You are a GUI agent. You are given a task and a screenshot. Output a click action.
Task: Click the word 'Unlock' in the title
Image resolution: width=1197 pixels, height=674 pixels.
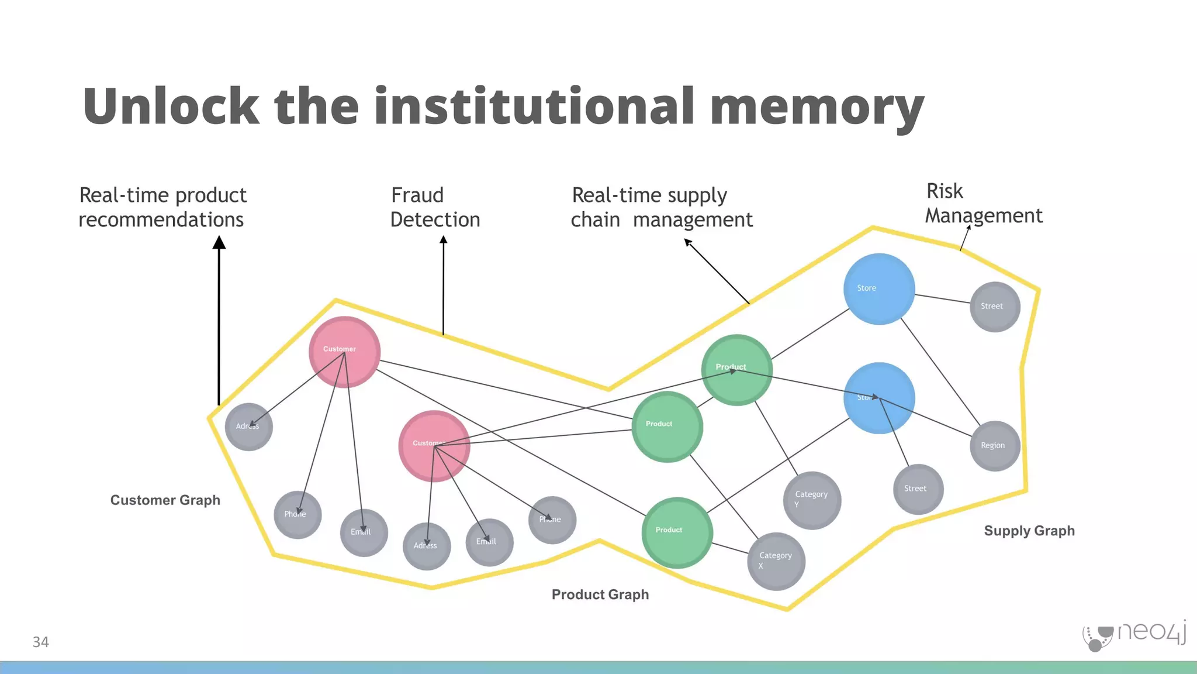tap(171, 106)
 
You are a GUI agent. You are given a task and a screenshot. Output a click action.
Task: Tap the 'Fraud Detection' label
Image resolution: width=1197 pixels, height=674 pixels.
tap(435, 207)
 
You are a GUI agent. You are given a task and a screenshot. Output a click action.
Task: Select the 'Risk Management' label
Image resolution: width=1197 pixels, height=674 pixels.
tap(983, 204)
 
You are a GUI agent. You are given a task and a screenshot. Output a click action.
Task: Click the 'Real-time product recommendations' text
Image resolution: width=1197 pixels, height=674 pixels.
tap(162, 207)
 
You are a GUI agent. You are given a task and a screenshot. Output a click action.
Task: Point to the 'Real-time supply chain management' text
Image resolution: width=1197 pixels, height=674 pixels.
tap(661, 207)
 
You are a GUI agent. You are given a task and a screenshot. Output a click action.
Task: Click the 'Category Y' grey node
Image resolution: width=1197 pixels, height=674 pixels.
tap(812, 500)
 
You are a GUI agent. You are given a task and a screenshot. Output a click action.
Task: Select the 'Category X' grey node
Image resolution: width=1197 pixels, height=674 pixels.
tap(776, 561)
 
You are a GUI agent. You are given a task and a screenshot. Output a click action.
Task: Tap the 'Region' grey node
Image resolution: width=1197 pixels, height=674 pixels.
tap(995, 446)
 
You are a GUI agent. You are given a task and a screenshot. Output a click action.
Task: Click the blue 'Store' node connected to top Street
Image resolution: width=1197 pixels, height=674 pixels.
tap(878, 289)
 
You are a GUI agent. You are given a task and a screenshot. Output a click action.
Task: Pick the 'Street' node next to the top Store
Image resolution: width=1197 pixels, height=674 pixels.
tap(995, 307)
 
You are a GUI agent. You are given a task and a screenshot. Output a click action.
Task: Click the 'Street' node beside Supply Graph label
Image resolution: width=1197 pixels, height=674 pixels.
tap(918, 489)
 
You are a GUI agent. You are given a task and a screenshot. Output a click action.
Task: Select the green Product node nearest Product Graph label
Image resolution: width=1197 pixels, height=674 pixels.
tap(677, 532)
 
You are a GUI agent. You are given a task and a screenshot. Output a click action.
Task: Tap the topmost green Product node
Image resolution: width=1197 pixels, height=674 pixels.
tap(736, 370)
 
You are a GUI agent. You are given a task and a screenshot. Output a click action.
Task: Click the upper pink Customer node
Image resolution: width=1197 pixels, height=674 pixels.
tap(344, 352)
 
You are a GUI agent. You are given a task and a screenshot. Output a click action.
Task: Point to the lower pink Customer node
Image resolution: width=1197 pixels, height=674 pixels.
tap(434, 446)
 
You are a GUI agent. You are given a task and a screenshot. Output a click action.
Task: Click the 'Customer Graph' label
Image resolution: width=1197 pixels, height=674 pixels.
tap(165, 500)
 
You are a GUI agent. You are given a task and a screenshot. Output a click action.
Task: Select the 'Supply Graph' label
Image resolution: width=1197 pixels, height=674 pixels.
tap(1029, 531)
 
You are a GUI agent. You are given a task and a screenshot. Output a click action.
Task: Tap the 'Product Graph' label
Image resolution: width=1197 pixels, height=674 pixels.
tap(600, 594)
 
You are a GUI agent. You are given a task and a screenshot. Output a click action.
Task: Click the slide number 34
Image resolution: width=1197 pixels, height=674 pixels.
tap(40, 642)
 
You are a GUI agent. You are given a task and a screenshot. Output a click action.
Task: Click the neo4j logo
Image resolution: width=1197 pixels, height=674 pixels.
tap(1134, 635)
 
